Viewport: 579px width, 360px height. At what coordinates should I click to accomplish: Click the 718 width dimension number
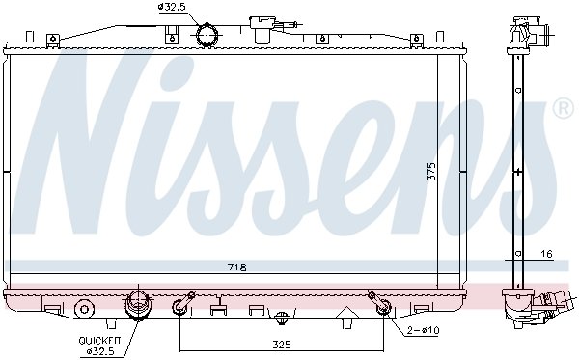237,267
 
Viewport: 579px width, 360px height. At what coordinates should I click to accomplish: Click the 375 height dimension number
431,172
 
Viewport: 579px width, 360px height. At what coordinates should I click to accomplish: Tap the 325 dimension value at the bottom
282,345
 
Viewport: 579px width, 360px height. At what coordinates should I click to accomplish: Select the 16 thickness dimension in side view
547,254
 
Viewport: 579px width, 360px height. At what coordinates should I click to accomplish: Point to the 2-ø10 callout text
424,330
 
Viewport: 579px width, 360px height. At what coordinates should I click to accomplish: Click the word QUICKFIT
99,341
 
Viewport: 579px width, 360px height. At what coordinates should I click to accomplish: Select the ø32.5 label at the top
172,7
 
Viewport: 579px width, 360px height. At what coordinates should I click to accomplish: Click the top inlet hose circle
207,35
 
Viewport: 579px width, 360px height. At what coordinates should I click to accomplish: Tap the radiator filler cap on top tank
262,30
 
